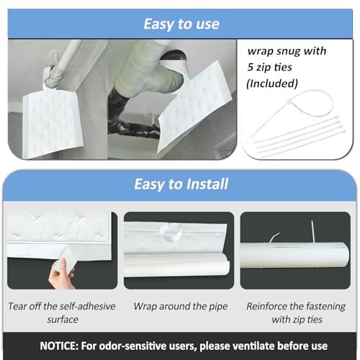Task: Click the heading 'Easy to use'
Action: [x=181, y=24]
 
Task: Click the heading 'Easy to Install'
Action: [x=181, y=184]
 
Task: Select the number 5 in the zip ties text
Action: [x=251, y=67]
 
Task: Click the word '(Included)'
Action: [x=272, y=84]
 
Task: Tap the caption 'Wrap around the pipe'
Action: [x=181, y=307]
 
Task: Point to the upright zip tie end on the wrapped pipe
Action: [x=312, y=232]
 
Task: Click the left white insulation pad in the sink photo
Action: [x=53, y=124]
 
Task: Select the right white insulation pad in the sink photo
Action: [x=195, y=108]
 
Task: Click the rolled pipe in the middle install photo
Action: [x=176, y=265]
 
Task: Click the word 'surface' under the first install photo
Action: [x=63, y=320]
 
